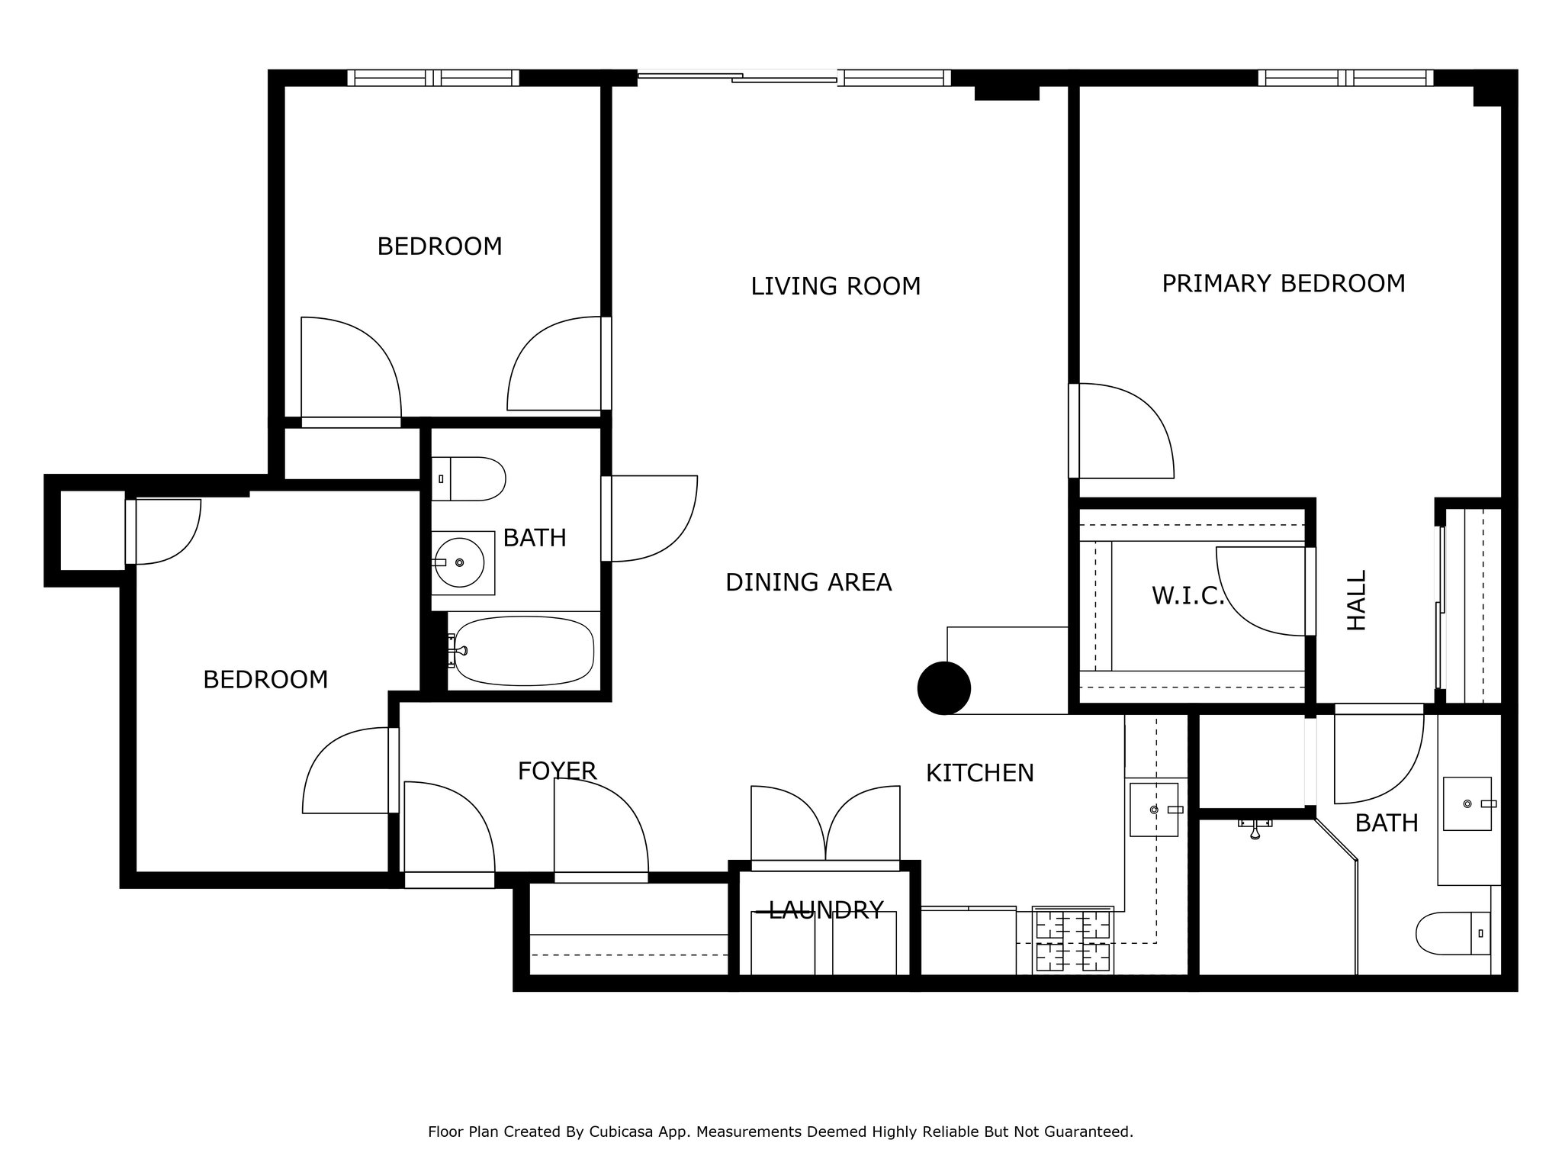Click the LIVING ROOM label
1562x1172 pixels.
pos(835,287)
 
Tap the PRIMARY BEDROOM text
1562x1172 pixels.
pos(1283,284)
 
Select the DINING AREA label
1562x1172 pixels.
pos(808,583)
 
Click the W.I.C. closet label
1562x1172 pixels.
pos(1187,596)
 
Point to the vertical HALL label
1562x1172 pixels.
pos(1357,600)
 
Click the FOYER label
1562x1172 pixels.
pos(557,771)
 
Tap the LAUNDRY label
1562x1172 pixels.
pos(825,910)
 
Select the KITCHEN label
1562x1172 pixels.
pos(979,774)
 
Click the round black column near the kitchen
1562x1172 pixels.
pos(943,688)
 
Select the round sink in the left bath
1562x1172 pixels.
pos(460,562)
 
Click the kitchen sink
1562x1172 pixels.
pos(1153,809)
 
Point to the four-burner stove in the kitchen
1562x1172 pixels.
pos(1072,942)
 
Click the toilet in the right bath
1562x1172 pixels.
pos(1453,933)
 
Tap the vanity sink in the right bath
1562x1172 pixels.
pos(1467,804)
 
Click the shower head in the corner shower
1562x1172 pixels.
pos(1255,828)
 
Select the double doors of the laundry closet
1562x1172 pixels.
pos(825,826)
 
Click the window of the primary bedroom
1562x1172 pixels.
pos(1345,77)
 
